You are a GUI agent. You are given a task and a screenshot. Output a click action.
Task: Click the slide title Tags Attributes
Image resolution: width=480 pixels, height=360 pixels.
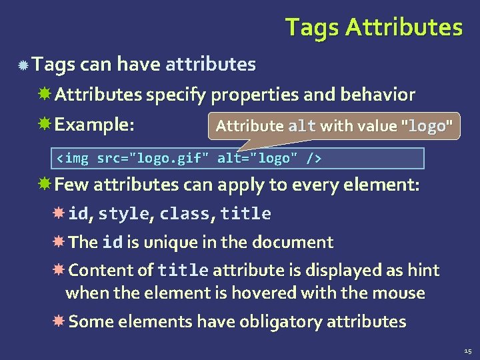[x=373, y=28]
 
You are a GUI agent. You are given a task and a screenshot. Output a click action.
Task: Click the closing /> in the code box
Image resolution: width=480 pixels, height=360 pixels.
[x=313, y=159]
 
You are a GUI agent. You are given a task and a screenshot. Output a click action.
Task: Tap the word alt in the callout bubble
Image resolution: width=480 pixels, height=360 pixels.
[x=302, y=126]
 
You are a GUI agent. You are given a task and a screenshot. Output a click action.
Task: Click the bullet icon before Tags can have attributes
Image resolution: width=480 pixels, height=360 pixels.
[x=23, y=65]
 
